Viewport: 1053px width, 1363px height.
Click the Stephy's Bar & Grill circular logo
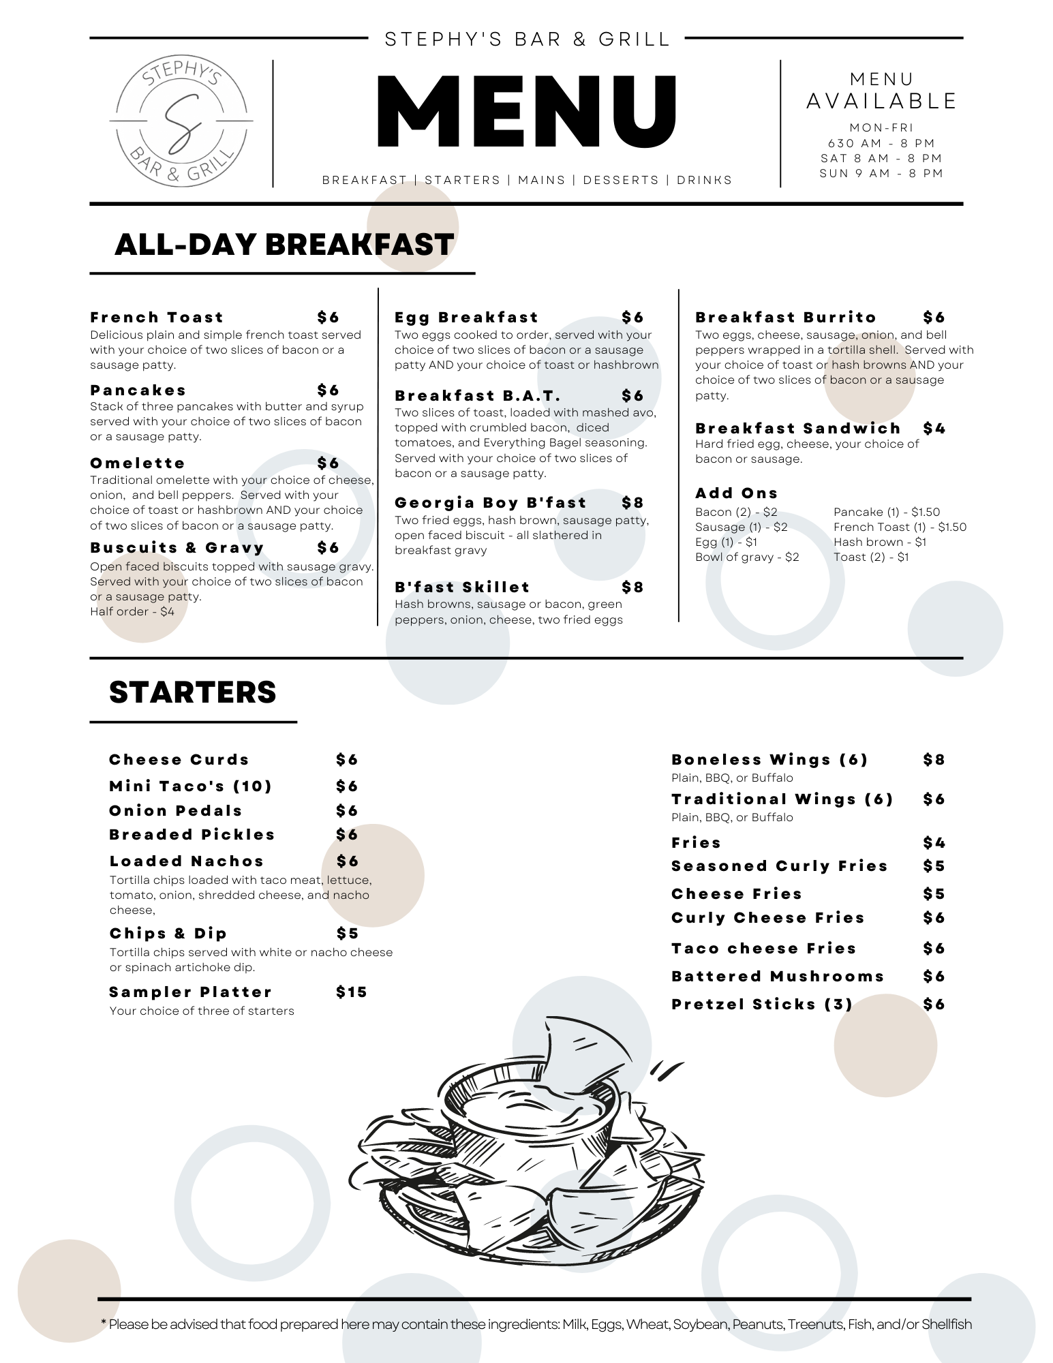(x=181, y=121)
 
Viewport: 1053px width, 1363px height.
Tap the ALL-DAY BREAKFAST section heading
(x=284, y=245)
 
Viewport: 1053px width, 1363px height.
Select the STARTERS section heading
(x=192, y=692)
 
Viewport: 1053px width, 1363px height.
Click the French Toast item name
(x=157, y=318)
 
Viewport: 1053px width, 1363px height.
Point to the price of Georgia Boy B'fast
(x=632, y=503)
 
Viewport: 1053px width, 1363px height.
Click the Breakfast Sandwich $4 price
(x=934, y=429)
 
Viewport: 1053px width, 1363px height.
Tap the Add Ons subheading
(x=736, y=493)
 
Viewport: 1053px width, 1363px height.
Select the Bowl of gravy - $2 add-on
(x=746, y=557)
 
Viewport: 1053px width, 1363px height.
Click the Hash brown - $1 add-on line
(x=879, y=542)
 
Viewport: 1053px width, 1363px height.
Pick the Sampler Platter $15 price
(x=351, y=992)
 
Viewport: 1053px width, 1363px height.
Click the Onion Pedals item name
(x=176, y=811)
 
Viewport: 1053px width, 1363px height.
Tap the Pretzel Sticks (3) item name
(x=761, y=1005)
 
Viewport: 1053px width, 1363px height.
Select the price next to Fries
(x=934, y=843)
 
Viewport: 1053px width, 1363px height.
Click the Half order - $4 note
(x=132, y=612)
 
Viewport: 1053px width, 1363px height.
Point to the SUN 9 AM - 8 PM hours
(x=881, y=174)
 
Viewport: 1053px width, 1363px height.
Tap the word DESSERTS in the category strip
(x=621, y=181)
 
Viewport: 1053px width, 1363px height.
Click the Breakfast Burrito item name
(x=785, y=318)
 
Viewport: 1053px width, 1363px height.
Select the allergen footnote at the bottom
(x=536, y=1324)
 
